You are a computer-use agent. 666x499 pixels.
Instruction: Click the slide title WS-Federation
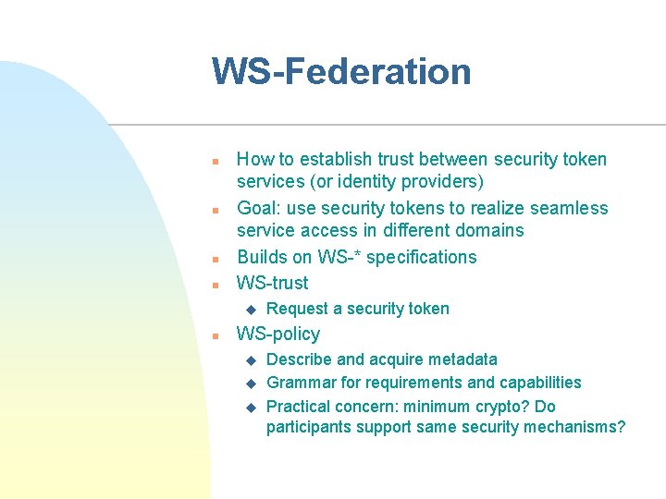341,72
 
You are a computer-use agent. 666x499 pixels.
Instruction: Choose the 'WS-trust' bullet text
273,283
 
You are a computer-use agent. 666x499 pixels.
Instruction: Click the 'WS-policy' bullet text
278,334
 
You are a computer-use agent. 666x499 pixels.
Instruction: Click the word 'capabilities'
539,383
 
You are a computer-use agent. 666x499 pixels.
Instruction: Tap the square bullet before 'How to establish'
214,161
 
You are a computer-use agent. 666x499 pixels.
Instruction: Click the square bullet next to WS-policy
214,335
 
